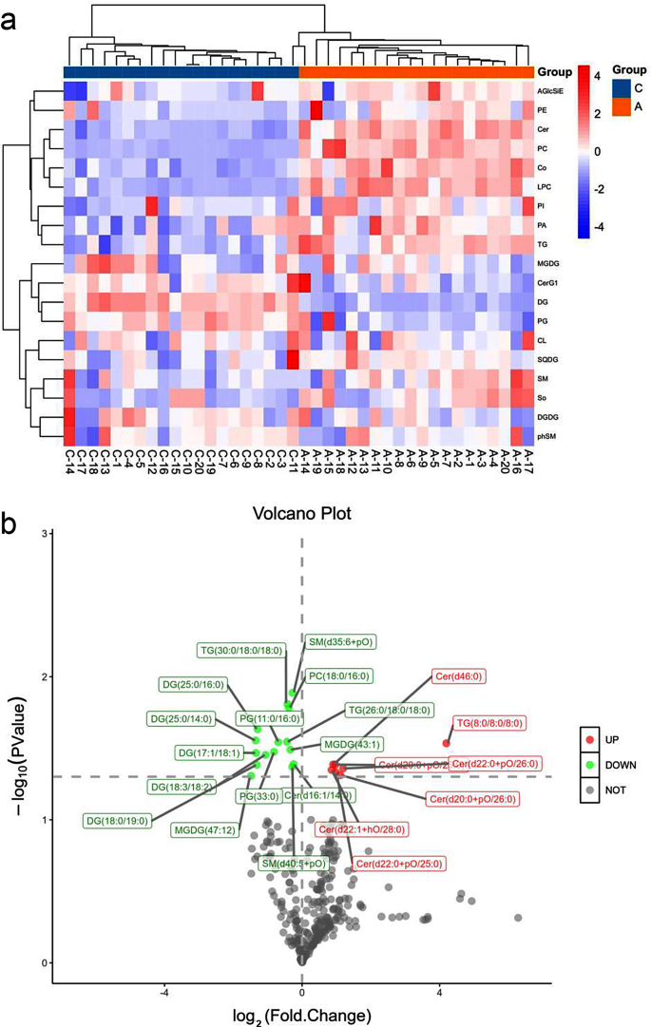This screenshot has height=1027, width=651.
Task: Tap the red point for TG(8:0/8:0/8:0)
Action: point(446,743)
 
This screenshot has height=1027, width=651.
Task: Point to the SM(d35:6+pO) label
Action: point(340,642)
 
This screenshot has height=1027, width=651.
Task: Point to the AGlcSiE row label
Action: point(550,91)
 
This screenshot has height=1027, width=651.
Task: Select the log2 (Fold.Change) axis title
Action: point(302,1014)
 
